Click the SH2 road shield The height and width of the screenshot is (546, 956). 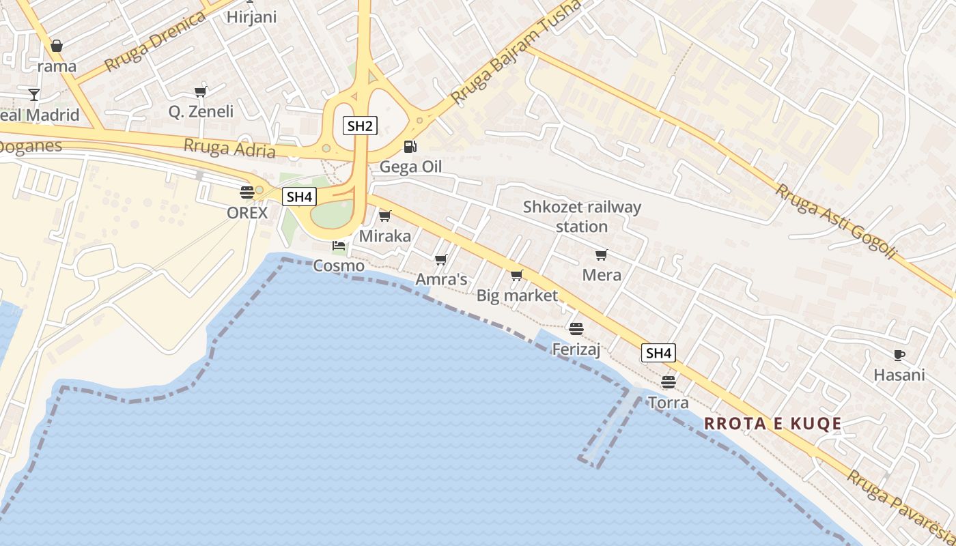click(x=361, y=126)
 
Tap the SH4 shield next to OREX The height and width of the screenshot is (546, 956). click(x=299, y=197)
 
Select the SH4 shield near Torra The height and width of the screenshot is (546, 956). click(x=658, y=353)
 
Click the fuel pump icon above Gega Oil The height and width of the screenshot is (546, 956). click(x=410, y=146)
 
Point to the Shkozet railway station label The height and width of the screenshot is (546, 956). click(x=582, y=216)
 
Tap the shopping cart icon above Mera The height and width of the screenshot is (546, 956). click(x=601, y=255)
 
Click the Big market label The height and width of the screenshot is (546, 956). click(x=517, y=296)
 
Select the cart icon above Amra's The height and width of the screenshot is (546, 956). click(x=440, y=259)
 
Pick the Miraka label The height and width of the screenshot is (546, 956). click(x=385, y=236)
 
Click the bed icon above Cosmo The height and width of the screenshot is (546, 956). click(x=339, y=245)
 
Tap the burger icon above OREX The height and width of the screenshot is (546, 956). click(x=247, y=192)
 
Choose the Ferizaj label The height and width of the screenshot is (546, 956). click(x=576, y=349)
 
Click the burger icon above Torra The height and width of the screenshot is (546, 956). click(x=668, y=382)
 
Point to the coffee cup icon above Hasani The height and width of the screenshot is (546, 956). click(x=899, y=355)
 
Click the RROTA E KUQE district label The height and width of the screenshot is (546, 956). click(x=772, y=424)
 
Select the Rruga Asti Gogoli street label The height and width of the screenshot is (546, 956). click(x=834, y=221)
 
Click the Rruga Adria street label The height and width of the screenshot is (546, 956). click(x=229, y=147)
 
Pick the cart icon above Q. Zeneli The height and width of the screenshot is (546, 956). click(x=200, y=92)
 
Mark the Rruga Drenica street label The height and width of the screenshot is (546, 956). click(x=154, y=42)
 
